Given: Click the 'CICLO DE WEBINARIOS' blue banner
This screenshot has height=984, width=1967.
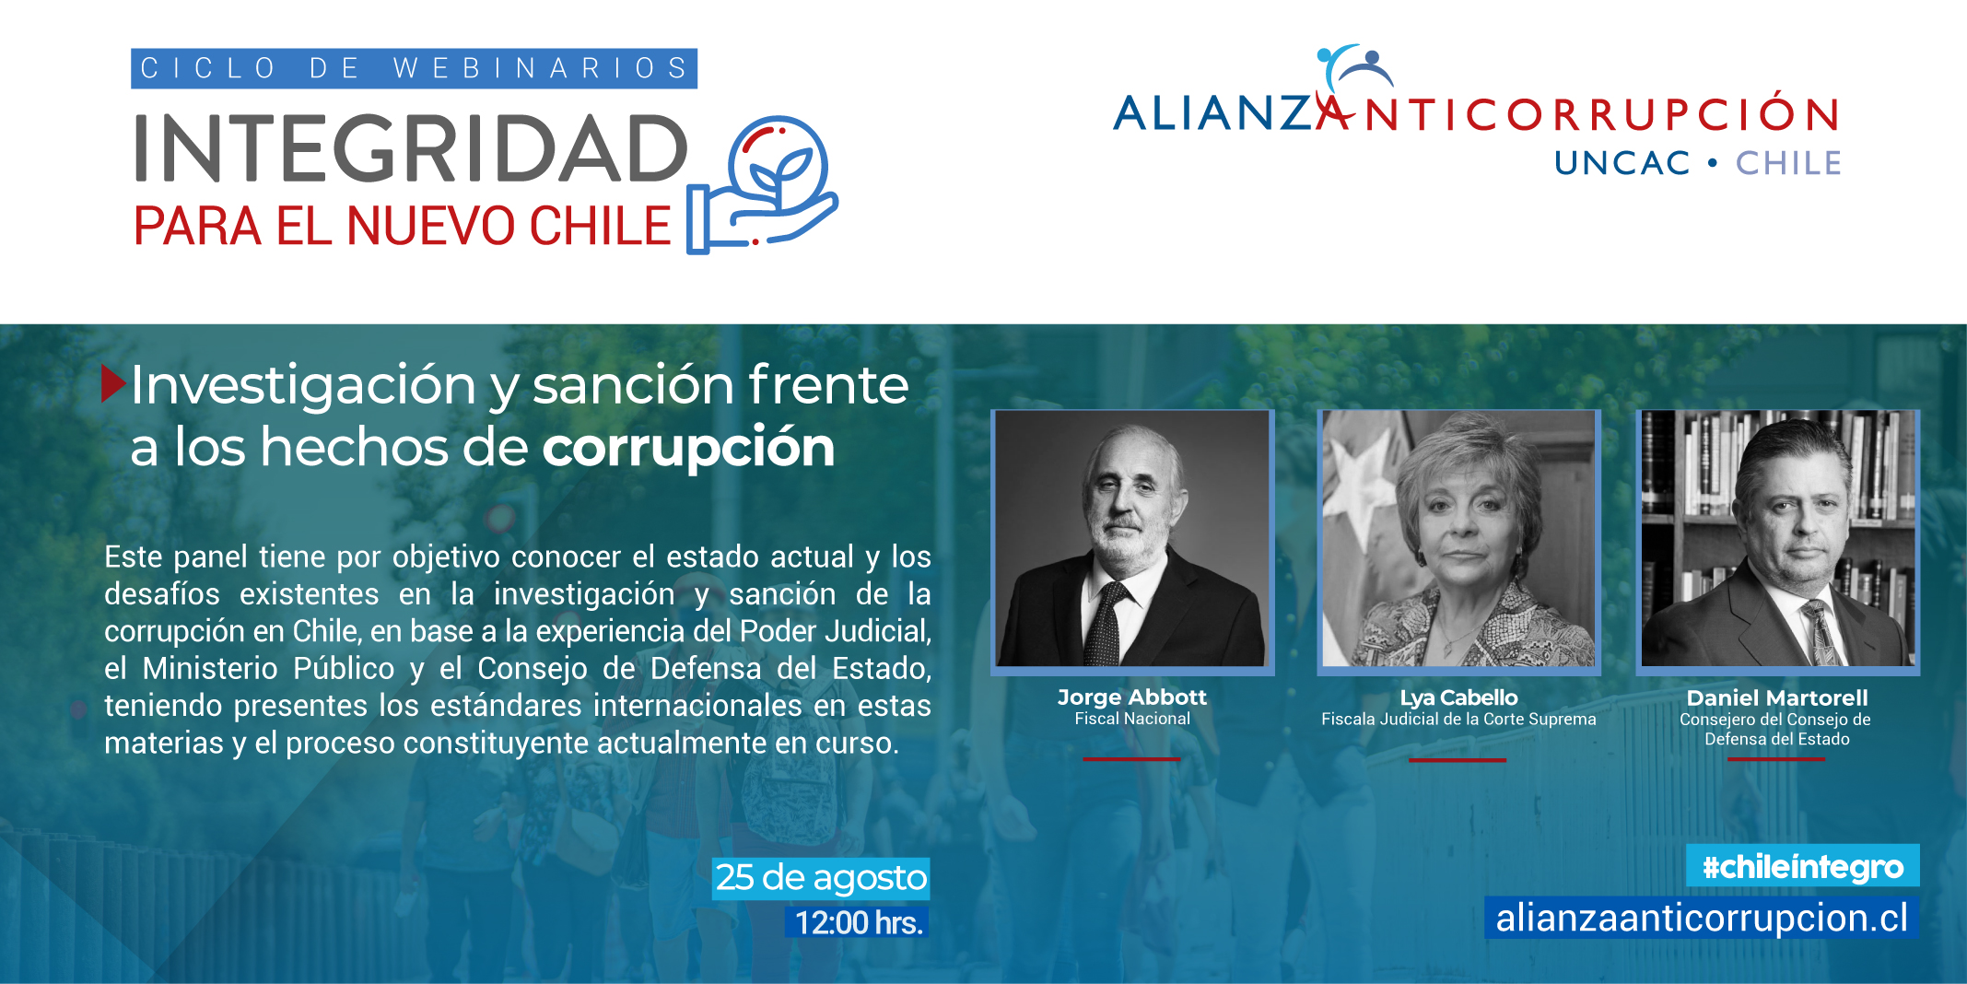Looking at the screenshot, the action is [414, 68].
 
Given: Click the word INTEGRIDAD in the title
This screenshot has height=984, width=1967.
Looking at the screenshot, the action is [412, 148].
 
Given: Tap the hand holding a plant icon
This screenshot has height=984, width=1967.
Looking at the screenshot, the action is [763, 184].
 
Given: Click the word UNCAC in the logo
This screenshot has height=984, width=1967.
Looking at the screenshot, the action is [1622, 163].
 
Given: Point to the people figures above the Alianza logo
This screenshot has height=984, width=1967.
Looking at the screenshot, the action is [1354, 67].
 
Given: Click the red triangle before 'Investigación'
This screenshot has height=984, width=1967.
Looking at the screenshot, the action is [112, 383].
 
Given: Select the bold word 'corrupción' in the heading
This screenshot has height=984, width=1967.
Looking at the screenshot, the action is [688, 448].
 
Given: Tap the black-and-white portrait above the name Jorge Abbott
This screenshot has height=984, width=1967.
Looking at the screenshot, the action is [1132, 539].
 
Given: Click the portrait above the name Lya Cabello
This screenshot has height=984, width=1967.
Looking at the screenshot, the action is [1458, 539].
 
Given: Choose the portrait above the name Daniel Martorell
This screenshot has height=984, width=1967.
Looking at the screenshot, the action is [1777, 539].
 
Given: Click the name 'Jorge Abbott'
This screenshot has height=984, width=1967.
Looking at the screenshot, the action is [1132, 697].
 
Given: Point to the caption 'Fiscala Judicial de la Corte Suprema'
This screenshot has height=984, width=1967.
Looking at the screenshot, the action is [1458, 720].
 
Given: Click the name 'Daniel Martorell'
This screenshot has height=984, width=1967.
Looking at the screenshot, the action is [1777, 698].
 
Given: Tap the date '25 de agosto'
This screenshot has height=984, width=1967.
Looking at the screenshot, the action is [821, 878].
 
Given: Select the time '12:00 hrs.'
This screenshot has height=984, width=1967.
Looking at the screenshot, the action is [858, 922].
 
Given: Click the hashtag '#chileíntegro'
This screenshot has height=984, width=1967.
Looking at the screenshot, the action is [1803, 866].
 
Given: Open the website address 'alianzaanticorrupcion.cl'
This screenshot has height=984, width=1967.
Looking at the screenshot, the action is [1702, 919].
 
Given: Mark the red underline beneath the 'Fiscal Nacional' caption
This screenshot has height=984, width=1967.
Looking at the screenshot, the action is [1131, 759].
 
